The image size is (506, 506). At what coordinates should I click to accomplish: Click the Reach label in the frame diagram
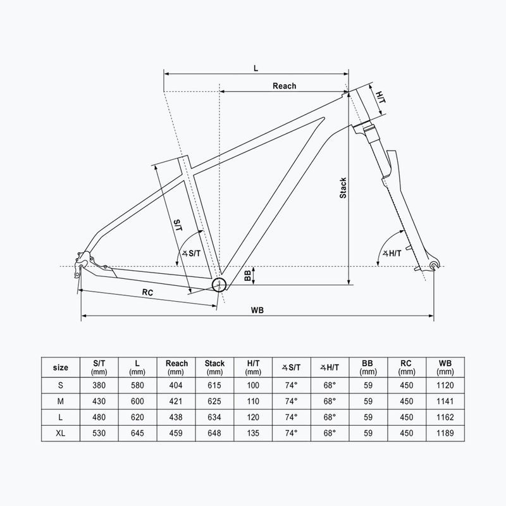284,86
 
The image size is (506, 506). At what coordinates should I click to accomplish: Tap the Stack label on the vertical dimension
343,187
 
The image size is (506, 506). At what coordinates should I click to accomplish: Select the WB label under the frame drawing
257,309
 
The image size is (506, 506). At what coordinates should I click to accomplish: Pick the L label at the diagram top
256,67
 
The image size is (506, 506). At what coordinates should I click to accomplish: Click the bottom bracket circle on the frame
219,284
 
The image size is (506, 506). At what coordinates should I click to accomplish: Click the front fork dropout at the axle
433,264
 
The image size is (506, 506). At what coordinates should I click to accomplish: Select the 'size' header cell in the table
61,367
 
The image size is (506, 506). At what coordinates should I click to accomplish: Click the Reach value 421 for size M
176,402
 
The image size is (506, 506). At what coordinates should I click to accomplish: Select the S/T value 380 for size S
99,385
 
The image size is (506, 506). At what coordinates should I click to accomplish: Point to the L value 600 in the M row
138,402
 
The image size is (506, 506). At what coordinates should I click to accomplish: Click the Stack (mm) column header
214,367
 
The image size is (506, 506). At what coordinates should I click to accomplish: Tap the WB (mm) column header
445,367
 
